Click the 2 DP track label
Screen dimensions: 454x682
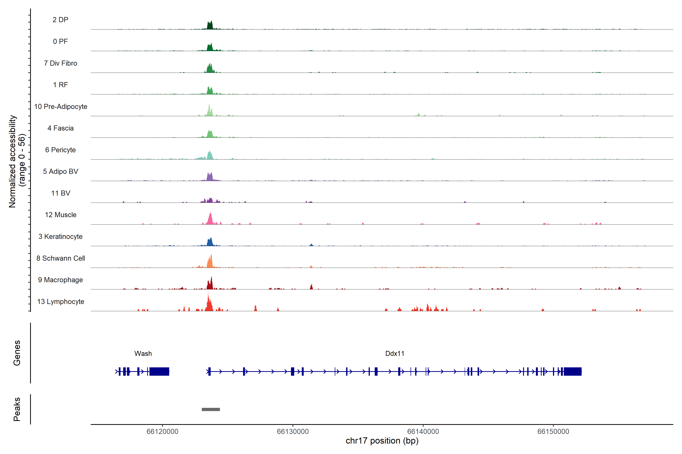(x=60, y=20)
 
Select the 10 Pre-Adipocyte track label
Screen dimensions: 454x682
(x=61, y=107)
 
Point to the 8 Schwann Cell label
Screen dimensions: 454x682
(x=61, y=258)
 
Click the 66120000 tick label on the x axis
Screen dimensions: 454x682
(x=162, y=431)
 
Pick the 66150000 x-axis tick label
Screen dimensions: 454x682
(x=553, y=431)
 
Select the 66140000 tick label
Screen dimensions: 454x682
(x=423, y=431)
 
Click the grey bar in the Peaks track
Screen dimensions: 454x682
(x=211, y=409)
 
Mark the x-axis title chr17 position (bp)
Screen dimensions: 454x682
(x=382, y=441)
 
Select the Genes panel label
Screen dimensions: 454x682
(x=17, y=353)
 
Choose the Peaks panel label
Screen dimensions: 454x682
(x=17, y=409)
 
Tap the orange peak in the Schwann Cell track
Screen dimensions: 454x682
(x=210, y=262)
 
